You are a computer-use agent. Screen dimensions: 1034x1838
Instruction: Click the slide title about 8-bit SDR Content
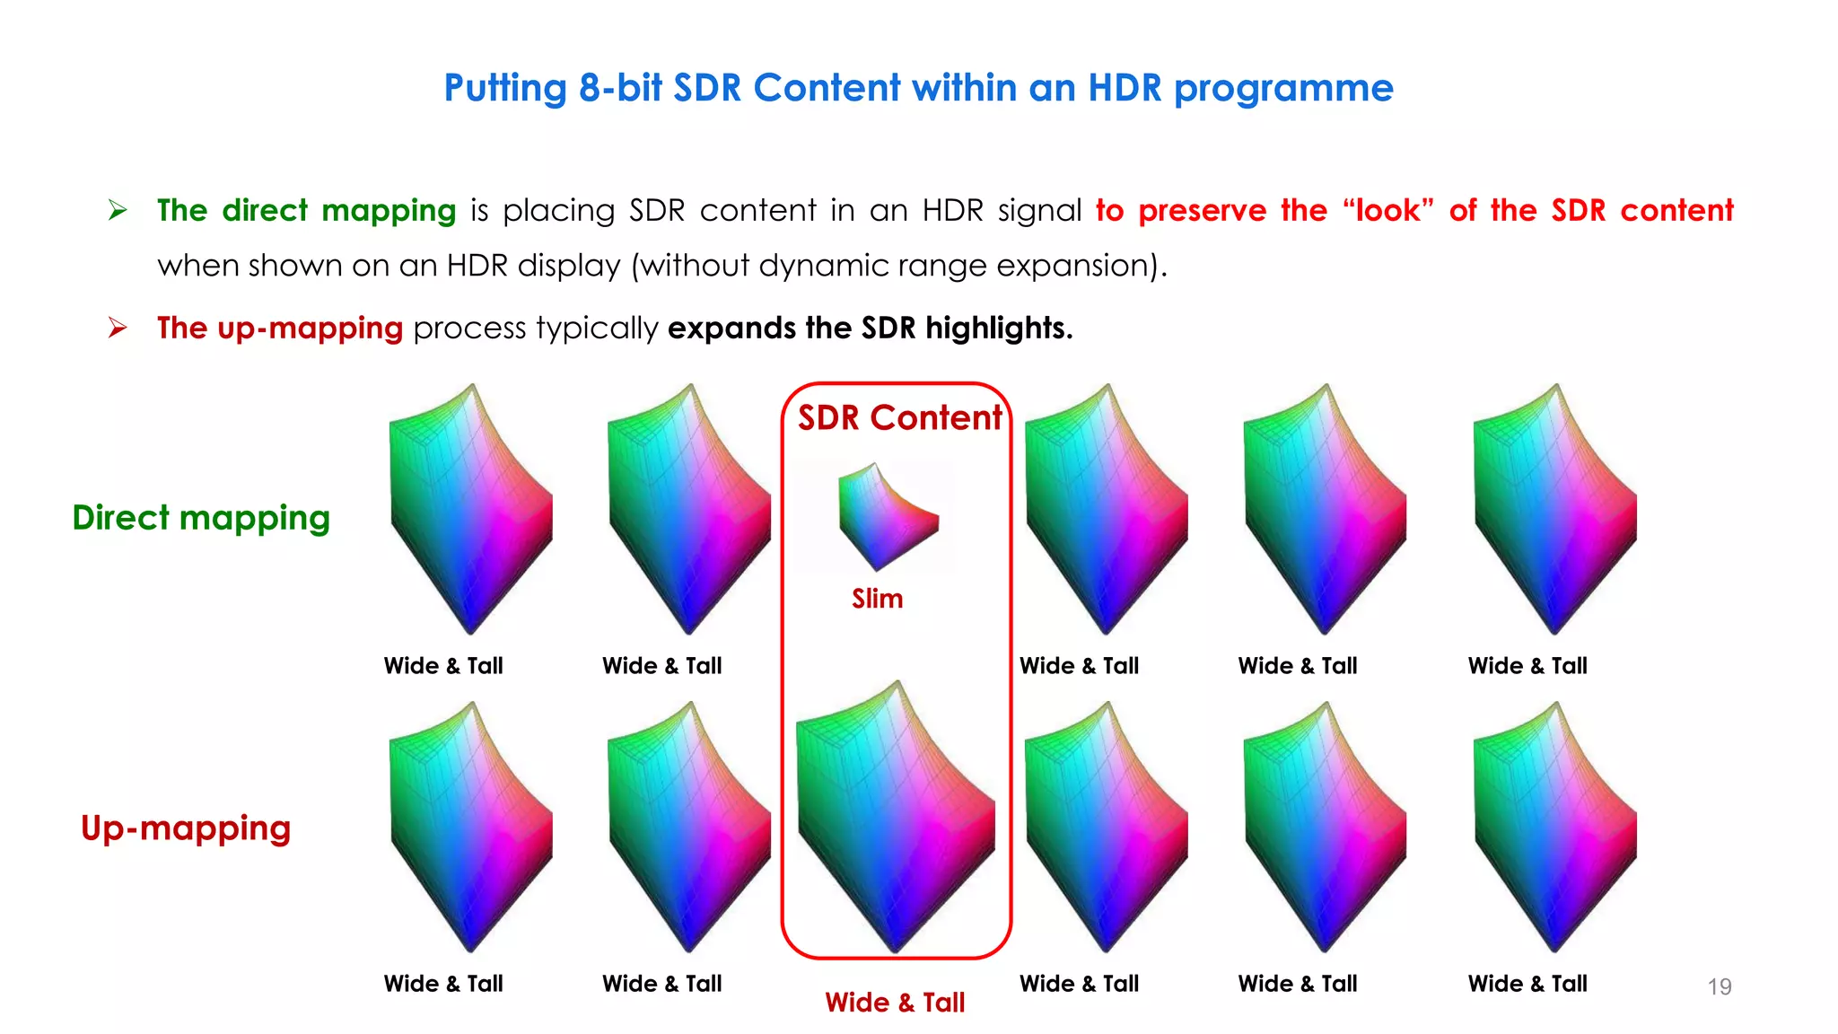coord(918,88)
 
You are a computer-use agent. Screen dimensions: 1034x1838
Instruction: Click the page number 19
coord(1719,986)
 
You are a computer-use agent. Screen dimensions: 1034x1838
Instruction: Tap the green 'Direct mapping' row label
coord(201,518)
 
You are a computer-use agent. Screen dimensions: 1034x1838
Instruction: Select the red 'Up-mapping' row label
coord(186,828)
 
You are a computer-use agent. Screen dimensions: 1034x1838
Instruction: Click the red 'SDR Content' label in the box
coord(899,418)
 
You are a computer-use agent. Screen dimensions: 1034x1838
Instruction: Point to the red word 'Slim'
coord(877,599)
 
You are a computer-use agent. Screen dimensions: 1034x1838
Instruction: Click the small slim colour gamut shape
coord(887,516)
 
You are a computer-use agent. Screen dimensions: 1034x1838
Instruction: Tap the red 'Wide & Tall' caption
coord(895,1003)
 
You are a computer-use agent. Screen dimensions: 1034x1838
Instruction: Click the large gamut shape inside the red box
coord(896,817)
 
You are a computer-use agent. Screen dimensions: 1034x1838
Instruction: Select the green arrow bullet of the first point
coord(118,211)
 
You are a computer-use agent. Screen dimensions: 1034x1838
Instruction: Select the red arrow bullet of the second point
coord(118,328)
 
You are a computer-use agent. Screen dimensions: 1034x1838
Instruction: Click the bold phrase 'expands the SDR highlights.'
coord(870,329)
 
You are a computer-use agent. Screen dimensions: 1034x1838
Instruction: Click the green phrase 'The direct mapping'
coord(306,211)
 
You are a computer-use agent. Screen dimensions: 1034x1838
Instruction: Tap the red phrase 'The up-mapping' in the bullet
coord(279,329)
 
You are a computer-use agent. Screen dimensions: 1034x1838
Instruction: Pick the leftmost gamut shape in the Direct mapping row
coord(471,509)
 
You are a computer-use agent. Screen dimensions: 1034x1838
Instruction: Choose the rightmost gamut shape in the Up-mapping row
coord(1554,827)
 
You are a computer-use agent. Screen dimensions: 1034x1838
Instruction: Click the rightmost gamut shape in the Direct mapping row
coord(1554,509)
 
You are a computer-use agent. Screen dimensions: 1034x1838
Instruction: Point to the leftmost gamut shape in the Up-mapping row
coord(471,827)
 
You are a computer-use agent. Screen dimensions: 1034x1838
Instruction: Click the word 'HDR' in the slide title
coord(1125,88)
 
